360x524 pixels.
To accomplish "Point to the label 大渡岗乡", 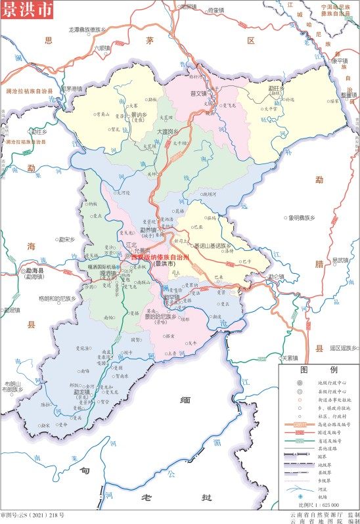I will pos(167,131).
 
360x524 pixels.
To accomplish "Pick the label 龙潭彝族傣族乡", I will pos(91,30).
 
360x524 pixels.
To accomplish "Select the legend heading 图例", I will pos(319,370).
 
